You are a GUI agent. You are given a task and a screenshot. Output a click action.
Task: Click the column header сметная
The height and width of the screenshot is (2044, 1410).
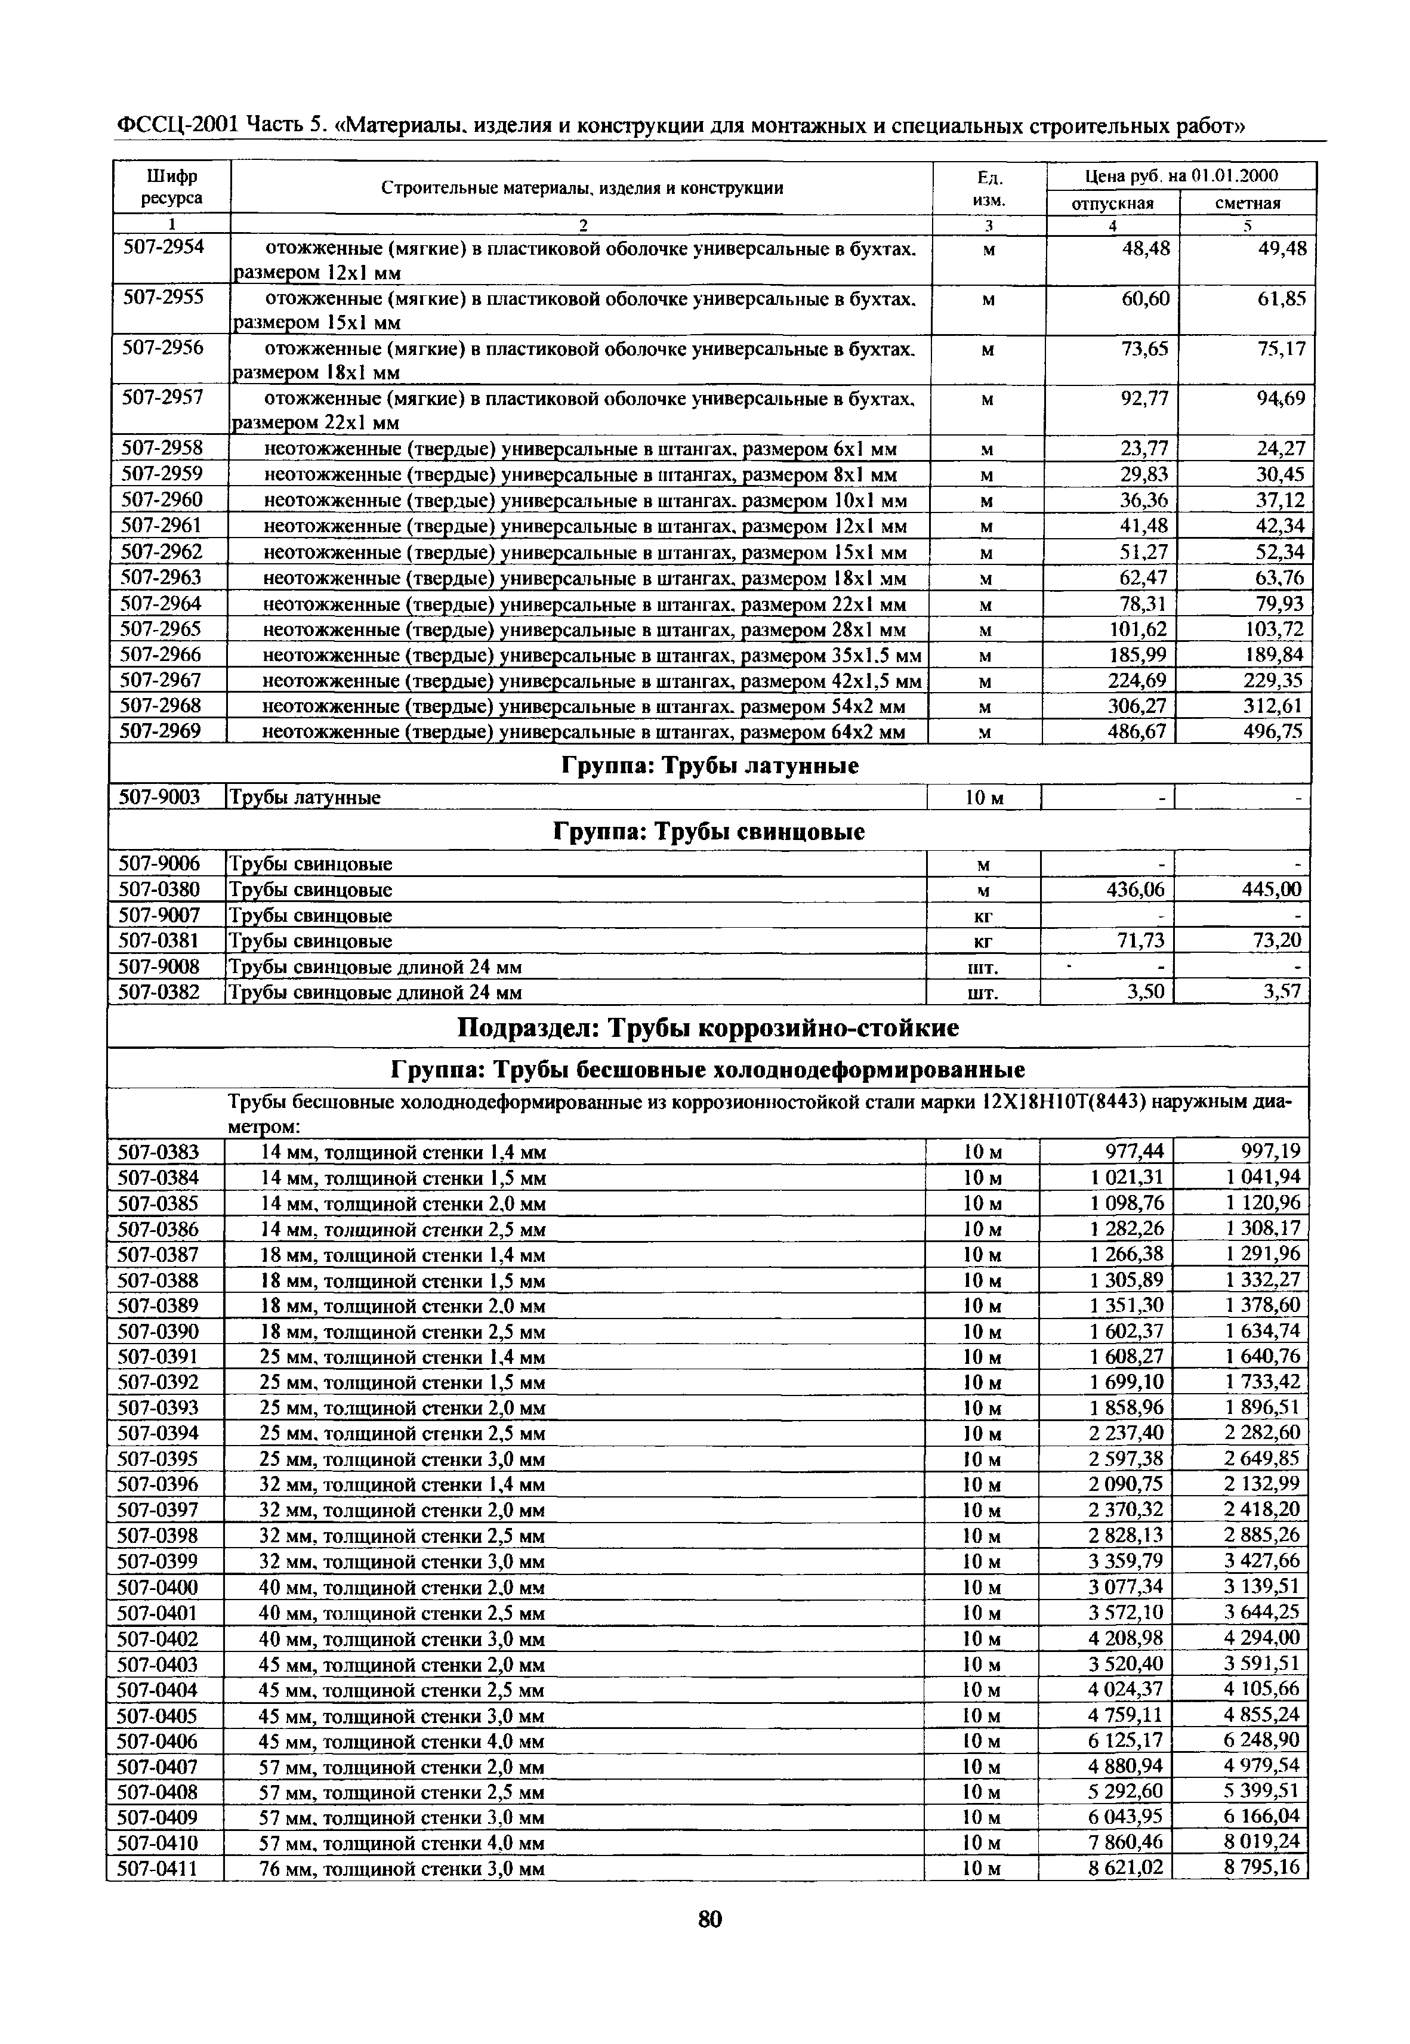[1248, 203]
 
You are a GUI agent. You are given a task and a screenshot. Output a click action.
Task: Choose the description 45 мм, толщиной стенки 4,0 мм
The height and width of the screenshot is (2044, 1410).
[402, 1742]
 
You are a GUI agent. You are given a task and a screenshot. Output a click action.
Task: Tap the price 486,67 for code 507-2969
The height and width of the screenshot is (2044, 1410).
[1137, 731]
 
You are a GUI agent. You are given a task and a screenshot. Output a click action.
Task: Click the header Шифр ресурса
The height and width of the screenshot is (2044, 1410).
[171, 187]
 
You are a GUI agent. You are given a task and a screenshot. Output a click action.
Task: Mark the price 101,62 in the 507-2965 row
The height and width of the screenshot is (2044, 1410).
[1137, 630]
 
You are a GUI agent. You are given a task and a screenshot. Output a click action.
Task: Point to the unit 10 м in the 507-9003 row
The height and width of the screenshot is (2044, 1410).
[983, 798]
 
